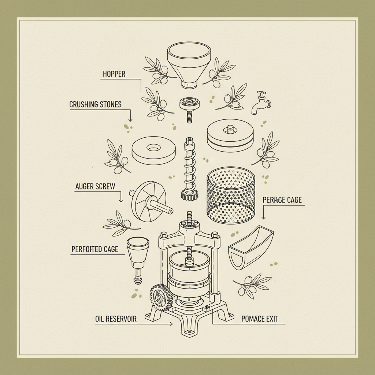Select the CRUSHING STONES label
tap(95, 105)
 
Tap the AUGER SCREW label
tap(95, 187)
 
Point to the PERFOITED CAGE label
tap(95, 249)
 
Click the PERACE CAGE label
tap(282, 200)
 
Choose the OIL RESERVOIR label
tap(116, 319)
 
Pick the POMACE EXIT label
tap(260, 319)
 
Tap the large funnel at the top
tap(189, 64)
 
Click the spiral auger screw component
tap(189, 168)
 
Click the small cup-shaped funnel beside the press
tap(138, 256)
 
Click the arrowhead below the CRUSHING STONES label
tap(130, 120)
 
